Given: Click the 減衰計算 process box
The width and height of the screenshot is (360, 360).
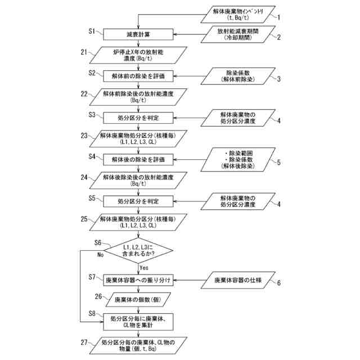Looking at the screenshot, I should pyautogui.click(x=137, y=34).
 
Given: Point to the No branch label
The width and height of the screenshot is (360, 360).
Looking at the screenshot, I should pyautogui.click(x=101, y=254).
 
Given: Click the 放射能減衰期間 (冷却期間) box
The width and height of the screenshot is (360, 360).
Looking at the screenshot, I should pyautogui.click(x=233, y=34).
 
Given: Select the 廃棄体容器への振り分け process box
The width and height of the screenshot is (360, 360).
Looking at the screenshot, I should pyautogui.click(x=137, y=279).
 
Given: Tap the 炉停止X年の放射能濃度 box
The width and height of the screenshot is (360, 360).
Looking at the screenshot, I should pyautogui.click(x=137, y=55).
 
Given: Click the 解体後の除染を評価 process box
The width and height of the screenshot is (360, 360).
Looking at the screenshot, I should pyautogui.click(x=137, y=159).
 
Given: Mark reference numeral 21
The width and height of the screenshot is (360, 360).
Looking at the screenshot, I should pyautogui.click(x=84, y=52).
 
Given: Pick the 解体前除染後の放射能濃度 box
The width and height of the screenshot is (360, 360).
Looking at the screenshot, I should pyautogui.click(x=137, y=96).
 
